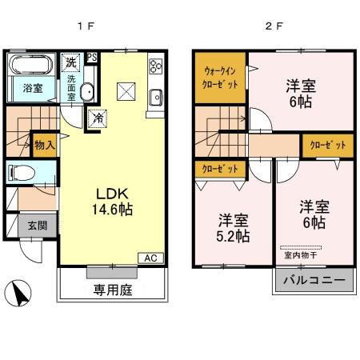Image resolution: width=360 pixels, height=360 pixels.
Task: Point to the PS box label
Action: point(92,57)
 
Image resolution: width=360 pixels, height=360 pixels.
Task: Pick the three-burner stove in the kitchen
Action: point(155,67)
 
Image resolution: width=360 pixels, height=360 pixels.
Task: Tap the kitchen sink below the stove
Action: point(156,98)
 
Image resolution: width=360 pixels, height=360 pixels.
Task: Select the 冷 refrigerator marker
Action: point(97,117)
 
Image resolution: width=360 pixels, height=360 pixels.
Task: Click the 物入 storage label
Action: point(44,145)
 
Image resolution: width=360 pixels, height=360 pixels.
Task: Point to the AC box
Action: point(150,258)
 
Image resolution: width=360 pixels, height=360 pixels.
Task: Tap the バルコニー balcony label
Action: point(314,282)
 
